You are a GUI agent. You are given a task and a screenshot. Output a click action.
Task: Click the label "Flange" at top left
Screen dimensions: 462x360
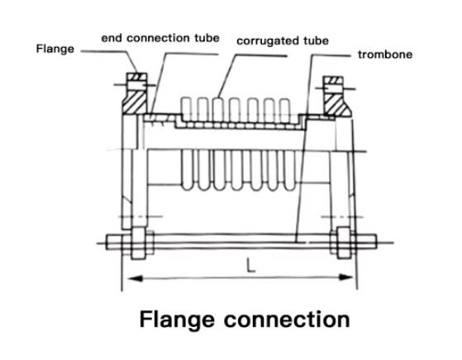tap(55, 49)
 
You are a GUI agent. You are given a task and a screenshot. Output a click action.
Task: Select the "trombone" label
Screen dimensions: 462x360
tap(385, 54)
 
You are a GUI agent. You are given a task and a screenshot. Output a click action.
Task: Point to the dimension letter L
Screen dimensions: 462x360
tap(250, 265)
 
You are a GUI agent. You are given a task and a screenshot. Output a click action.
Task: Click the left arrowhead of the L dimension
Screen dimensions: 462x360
tap(135, 278)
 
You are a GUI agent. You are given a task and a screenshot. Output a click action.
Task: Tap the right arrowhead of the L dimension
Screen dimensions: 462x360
tap(345, 277)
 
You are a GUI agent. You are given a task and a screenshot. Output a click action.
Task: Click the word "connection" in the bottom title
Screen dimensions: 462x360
tap(287, 320)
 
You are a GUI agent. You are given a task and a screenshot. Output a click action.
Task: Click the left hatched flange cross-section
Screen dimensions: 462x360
tap(135, 102)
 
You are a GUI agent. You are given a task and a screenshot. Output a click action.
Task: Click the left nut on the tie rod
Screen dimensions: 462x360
tap(139, 243)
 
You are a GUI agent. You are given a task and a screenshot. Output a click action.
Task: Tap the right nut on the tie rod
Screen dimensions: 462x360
tap(344, 243)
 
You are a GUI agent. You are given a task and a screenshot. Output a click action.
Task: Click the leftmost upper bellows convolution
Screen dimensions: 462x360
tap(186, 108)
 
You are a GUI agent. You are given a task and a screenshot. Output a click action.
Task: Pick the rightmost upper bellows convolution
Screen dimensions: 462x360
tap(285, 110)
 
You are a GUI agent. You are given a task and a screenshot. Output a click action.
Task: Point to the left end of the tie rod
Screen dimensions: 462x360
tap(107, 242)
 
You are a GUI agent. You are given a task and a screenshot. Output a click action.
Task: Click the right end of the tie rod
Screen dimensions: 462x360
tap(376, 242)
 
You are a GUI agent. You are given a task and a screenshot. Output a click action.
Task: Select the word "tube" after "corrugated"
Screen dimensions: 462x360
tap(317, 41)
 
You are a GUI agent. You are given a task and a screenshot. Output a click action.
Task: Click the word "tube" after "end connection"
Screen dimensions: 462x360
tap(207, 38)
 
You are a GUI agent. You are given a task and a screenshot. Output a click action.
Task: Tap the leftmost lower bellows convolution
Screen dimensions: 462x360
tap(188, 170)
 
